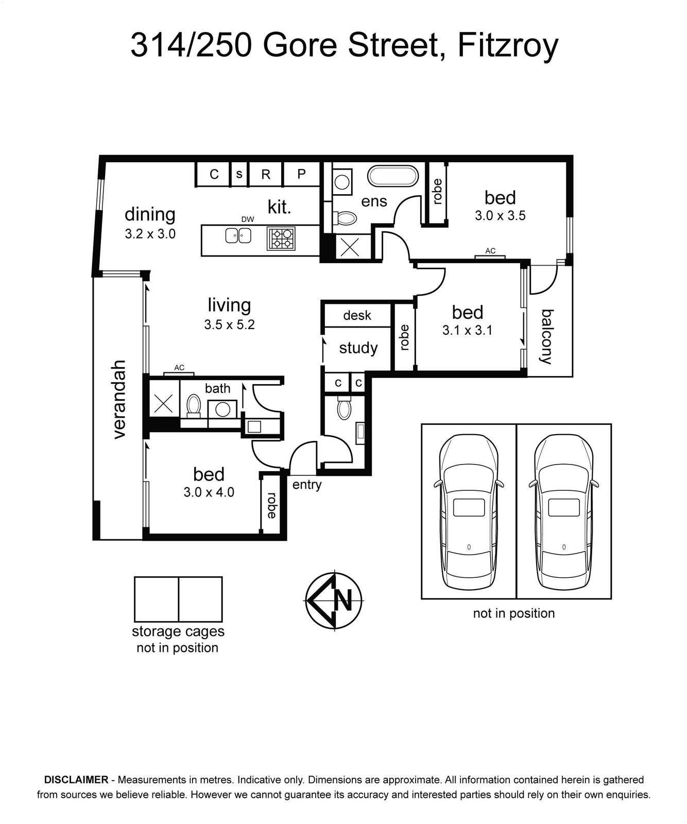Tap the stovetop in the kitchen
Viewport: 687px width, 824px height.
pyautogui.click(x=281, y=238)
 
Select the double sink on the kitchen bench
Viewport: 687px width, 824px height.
pyautogui.click(x=238, y=236)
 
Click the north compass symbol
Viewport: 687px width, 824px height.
pyautogui.click(x=334, y=600)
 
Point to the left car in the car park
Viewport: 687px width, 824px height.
pyautogui.click(x=469, y=512)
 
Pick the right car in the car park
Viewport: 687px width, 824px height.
pyautogui.click(x=564, y=512)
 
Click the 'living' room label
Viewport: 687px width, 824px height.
pyautogui.click(x=229, y=305)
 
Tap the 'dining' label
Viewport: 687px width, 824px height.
pyautogui.click(x=150, y=214)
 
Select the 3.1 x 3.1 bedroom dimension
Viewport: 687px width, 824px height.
pyautogui.click(x=467, y=330)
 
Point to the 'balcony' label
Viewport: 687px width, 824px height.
pyautogui.click(x=547, y=337)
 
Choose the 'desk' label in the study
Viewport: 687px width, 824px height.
pyautogui.click(x=357, y=315)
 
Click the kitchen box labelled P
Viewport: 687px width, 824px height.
pyautogui.click(x=301, y=174)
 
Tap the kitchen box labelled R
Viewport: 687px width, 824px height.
pyautogui.click(x=266, y=174)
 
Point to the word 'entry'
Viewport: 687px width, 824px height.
pyautogui.click(x=307, y=484)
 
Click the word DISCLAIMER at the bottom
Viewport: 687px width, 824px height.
pyautogui.click(x=76, y=780)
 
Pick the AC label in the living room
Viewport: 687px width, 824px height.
pyautogui.click(x=179, y=368)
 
